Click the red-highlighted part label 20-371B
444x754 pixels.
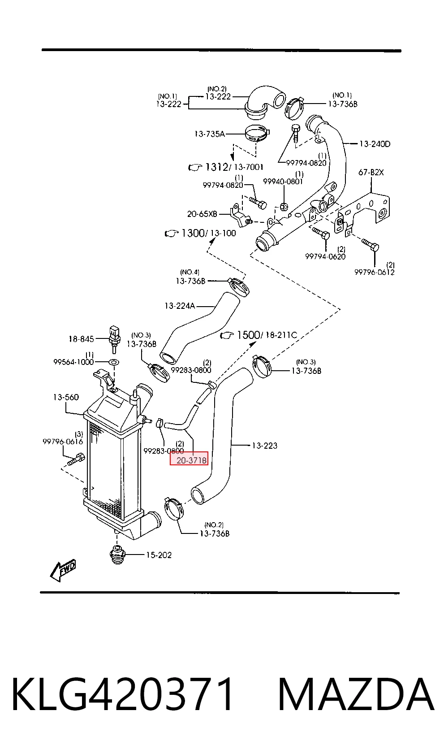pyautogui.click(x=191, y=460)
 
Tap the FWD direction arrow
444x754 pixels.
pyautogui.click(x=63, y=570)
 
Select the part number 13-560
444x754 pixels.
pyautogui.click(x=66, y=397)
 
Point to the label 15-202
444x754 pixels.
pyautogui.click(x=159, y=555)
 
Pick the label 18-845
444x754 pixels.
pyautogui.click(x=82, y=339)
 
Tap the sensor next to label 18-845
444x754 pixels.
pyautogui.click(x=114, y=338)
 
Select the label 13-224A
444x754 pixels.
pyautogui.click(x=180, y=306)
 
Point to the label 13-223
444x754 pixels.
pyautogui.click(x=265, y=446)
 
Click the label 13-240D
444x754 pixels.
pyautogui.click(x=375, y=144)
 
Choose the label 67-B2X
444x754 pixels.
pyautogui.click(x=371, y=172)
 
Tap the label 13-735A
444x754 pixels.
pyautogui.click(x=210, y=134)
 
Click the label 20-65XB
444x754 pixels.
pyautogui.click(x=202, y=214)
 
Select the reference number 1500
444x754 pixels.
pyautogui.click(x=248, y=335)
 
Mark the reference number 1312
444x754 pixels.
pyautogui.click(x=217, y=167)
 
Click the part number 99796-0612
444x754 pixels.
pyautogui.click(x=375, y=272)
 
